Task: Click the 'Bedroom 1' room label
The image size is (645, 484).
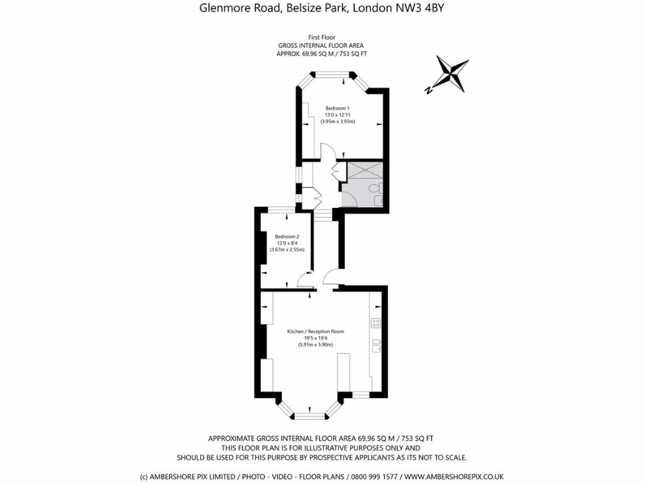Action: pos(337,108)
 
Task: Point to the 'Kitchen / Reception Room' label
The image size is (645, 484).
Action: pos(316,331)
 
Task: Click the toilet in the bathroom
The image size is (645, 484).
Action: pos(375,188)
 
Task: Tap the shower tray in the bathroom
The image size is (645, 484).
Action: pos(362,171)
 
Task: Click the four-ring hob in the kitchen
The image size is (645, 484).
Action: pos(375,323)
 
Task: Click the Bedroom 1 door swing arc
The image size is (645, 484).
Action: pos(328,151)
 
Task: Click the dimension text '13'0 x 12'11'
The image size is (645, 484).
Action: pos(337,115)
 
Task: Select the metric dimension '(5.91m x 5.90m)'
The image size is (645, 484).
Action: pos(316,345)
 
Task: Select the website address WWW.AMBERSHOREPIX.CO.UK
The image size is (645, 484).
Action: pos(454,476)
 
